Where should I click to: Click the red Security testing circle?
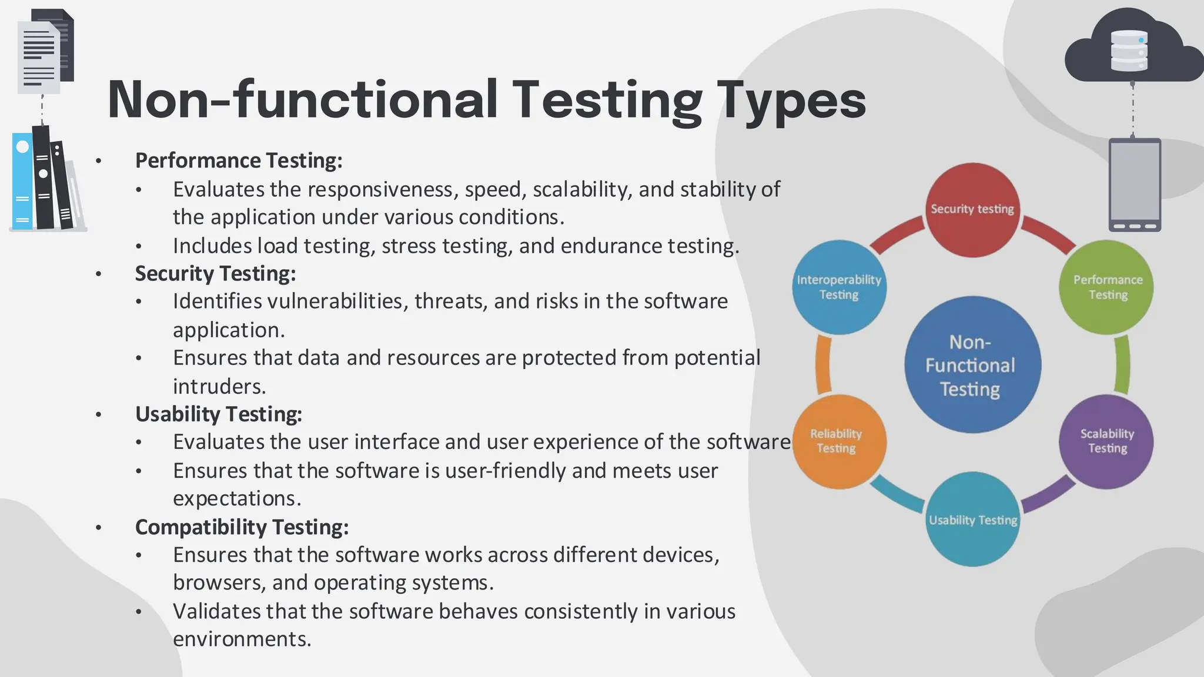[972, 210]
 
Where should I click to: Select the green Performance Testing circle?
[1106, 287]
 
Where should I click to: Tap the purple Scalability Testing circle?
[1106, 441]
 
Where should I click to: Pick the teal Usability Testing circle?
[972, 520]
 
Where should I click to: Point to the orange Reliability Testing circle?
[839, 441]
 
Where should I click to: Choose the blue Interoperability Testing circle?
[839, 287]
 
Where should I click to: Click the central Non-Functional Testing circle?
[972, 365]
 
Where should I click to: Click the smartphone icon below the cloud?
[1134, 185]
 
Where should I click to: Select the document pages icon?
[44, 53]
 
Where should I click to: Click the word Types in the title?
[791, 100]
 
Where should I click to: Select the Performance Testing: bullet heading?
[239, 160]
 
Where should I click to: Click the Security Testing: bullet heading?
[215, 273]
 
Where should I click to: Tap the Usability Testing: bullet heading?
[219, 414]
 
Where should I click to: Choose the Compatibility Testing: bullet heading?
[242, 527]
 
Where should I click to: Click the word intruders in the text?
[219, 387]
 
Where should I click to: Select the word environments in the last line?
[242, 639]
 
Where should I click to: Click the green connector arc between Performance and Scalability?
[1122, 365]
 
